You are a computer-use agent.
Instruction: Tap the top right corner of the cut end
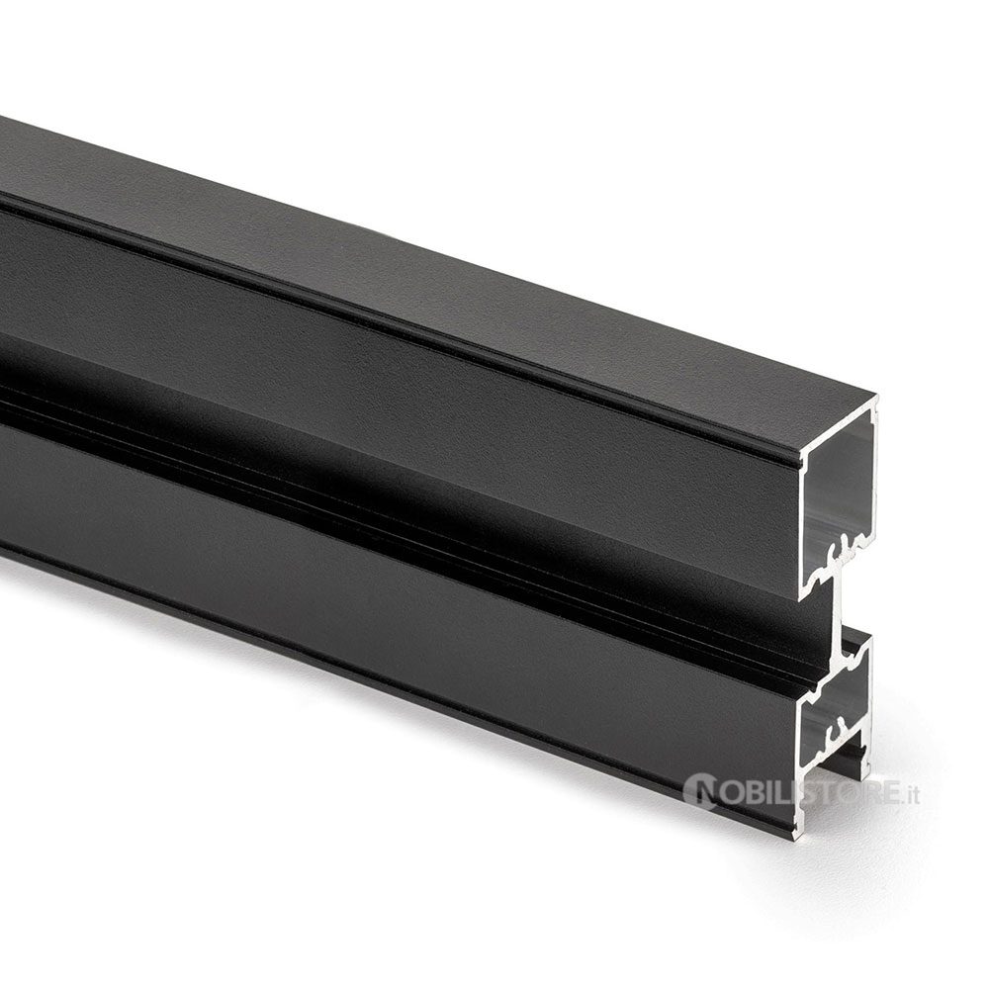click(877, 397)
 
